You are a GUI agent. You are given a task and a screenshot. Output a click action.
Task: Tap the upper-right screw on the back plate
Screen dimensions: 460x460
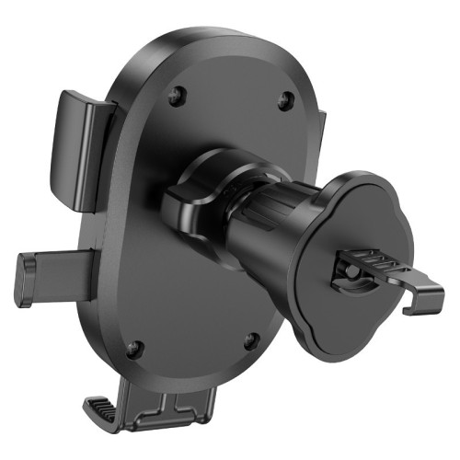coord(285,99)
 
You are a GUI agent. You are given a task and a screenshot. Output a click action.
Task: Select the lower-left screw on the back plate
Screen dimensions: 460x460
coord(134,348)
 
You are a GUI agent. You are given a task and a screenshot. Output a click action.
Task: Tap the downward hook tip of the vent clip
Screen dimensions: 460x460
coord(432,299)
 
